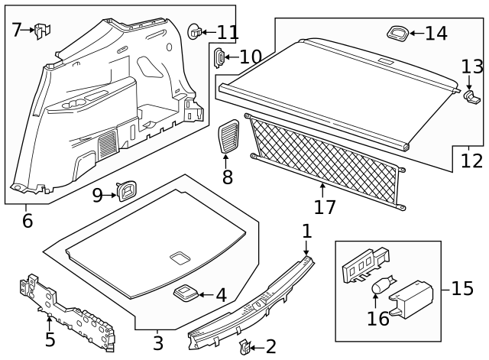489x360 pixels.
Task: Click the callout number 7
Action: [x=16, y=30]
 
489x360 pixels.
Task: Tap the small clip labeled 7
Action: [x=43, y=31]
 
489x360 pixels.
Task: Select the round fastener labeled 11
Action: [x=196, y=31]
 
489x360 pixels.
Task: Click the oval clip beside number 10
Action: [x=219, y=57]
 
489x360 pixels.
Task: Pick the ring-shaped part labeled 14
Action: [x=397, y=32]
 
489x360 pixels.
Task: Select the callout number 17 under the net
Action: [x=325, y=206]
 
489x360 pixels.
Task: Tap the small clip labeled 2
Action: [x=245, y=348]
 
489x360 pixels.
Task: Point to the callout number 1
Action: [x=306, y=232]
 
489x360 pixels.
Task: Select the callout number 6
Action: [x=28, y=221]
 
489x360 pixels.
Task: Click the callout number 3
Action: [x=157, y=343]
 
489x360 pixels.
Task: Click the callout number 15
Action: [x=462, y=289]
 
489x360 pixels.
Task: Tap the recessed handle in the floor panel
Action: [x=180, y=257]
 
